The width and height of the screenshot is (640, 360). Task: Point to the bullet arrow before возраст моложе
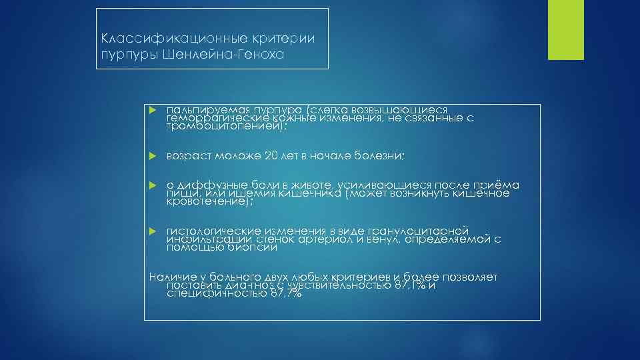pyautogui.click(x=152, y=156)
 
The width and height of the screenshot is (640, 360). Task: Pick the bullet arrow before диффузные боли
pyautogui.click(x=152, y=185)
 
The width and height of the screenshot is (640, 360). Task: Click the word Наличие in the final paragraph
pyautogui.click(x=170, y=277)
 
